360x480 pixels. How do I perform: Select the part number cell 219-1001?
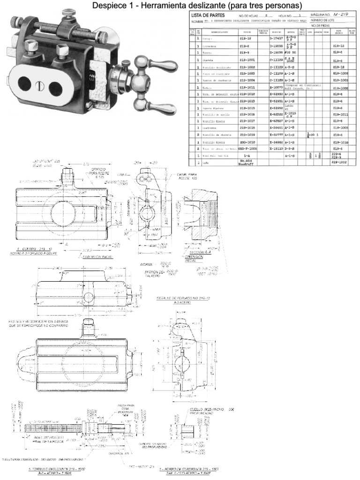247,60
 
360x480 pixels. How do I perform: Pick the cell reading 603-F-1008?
247,148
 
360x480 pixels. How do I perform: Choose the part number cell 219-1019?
247,134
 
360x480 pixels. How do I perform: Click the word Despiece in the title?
107,5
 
